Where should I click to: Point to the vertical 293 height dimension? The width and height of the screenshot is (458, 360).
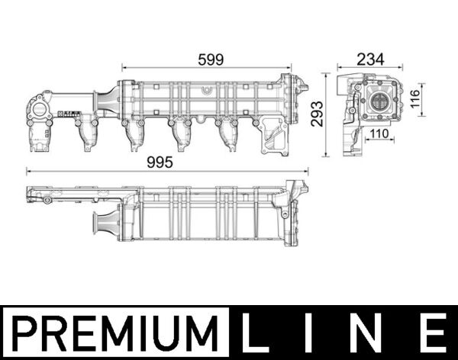point(316,115)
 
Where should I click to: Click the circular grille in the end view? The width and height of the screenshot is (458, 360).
point(379,101)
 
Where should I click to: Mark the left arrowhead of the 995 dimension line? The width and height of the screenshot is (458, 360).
point(28,171)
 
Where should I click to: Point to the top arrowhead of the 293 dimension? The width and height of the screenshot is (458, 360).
point(326,75)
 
